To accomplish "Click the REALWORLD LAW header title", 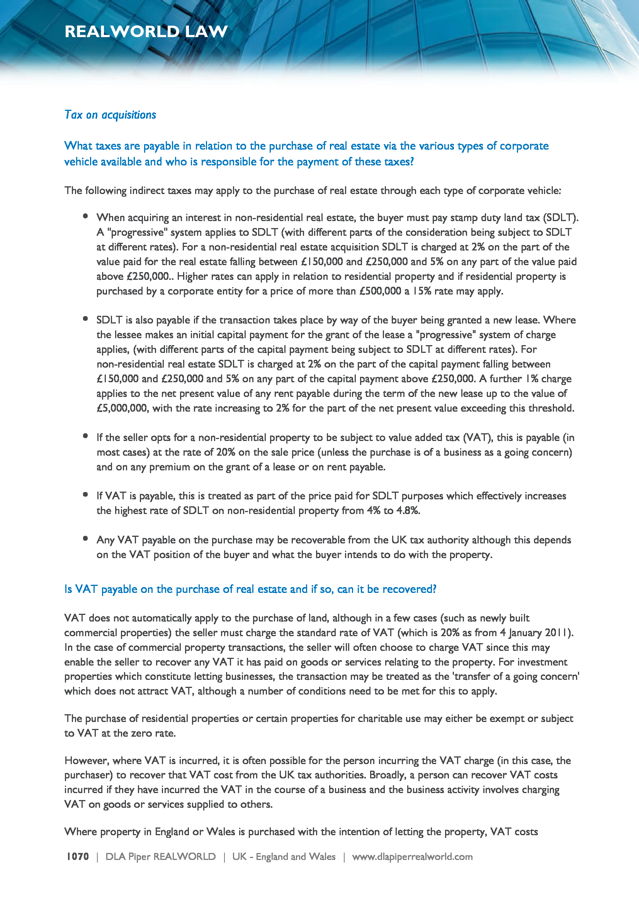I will pos(146,31).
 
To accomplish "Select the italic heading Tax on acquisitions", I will pos(110,114).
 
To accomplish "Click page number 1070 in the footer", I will pos(78,856).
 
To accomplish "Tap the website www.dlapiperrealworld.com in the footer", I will pos(412,856).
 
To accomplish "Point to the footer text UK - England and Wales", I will pos(284,856).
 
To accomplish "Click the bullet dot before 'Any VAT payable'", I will pos(85,538).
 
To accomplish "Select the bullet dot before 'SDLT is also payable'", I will pos(85,318).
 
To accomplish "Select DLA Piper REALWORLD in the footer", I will pos(161,856).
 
